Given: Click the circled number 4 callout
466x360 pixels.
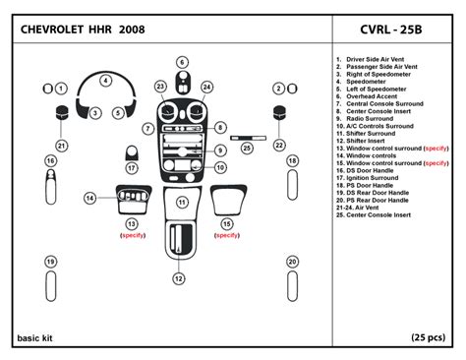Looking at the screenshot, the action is click(x=105, y=81).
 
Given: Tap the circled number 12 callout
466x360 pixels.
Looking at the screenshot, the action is click(x=179, y=278).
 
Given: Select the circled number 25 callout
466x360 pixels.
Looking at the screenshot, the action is click(x=247, y=149).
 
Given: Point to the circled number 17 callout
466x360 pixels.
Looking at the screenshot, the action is click(x=132, y=168).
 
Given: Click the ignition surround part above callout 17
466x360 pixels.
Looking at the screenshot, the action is click(x=132, y=152).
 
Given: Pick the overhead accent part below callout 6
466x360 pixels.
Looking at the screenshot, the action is click(x=183, y=82).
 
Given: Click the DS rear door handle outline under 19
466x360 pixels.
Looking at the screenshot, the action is click(x=51, y=285).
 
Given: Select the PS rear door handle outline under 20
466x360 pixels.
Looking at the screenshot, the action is click(x=292, y=285).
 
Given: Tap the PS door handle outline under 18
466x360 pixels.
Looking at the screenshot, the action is click(x=292, y=185).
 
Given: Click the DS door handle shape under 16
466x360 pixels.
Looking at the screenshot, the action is click(x=51, y=187).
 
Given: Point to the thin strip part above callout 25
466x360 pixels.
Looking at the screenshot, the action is click(x=248, y=138).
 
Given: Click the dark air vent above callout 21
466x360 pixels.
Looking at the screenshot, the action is click(x=62, y=113).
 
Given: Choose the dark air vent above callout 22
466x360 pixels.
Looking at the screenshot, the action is click(x=279, y=113).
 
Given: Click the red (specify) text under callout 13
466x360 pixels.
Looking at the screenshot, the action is click(x=133, y=235).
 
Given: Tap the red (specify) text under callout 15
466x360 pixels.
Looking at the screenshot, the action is click(x=227, y=235).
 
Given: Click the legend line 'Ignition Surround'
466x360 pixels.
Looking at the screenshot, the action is click(x=368, y=178).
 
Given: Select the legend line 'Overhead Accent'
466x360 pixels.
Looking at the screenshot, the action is click(x=367, y=96).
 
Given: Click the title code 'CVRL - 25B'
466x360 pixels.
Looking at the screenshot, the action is click(x=391, y=30).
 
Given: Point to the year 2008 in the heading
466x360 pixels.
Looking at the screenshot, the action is click(x=132, y=30).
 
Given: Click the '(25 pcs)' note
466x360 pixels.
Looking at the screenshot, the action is click(x=429, y=337).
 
